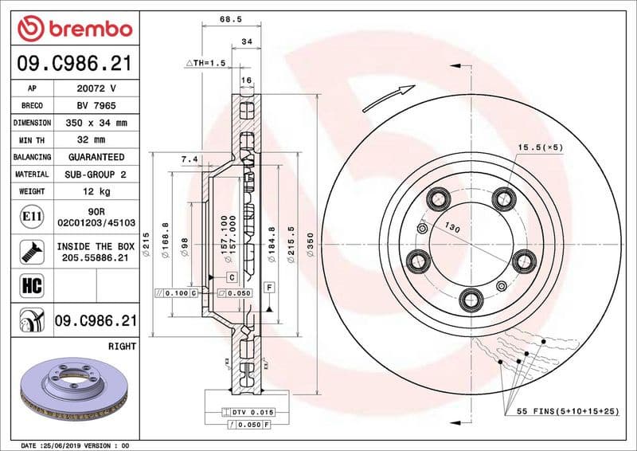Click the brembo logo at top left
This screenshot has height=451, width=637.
click(x=74, y=29)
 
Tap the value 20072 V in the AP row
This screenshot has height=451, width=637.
click(x=96, y=88)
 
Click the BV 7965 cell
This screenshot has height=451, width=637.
click(x=96, y=106)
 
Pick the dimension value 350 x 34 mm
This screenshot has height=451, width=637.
click(x=96, y=124)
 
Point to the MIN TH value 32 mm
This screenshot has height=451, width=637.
click(x=96, y=140)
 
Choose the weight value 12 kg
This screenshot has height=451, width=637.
click(x=96, y=191)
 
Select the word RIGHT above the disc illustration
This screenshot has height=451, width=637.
click(x=121, y=347)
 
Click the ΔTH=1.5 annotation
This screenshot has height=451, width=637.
click(x=206, y=62)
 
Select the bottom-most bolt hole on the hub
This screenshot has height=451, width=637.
click(x=469, y=299)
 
